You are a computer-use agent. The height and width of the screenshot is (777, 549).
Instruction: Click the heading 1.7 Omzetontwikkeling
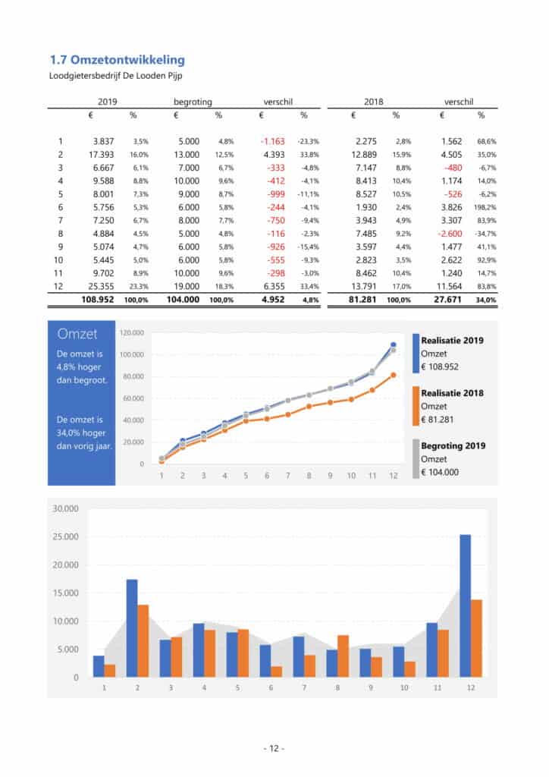(117, 59)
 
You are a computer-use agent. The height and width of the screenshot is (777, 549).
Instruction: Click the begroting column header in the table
(193, 101)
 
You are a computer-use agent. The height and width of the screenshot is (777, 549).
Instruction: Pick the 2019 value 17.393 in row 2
(100, 154)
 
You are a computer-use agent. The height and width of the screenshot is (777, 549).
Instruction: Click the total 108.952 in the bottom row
(97, 300)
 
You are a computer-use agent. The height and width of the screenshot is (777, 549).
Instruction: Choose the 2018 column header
(375, 101)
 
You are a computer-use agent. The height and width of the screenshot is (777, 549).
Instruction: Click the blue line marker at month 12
(393, 345)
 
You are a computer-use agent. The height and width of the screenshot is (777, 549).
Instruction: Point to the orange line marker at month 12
(393, 375)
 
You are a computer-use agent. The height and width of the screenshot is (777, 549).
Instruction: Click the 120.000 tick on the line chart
(132, 332)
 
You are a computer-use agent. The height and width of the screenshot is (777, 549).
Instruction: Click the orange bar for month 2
(143, 640)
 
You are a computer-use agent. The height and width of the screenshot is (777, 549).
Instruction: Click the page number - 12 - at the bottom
(274, 748)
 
